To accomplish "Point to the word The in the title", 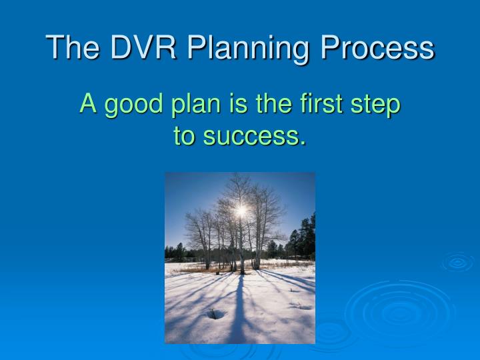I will pos(71,48).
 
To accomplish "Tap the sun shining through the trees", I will pos(240,211).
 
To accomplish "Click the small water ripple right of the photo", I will pos(457,262).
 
